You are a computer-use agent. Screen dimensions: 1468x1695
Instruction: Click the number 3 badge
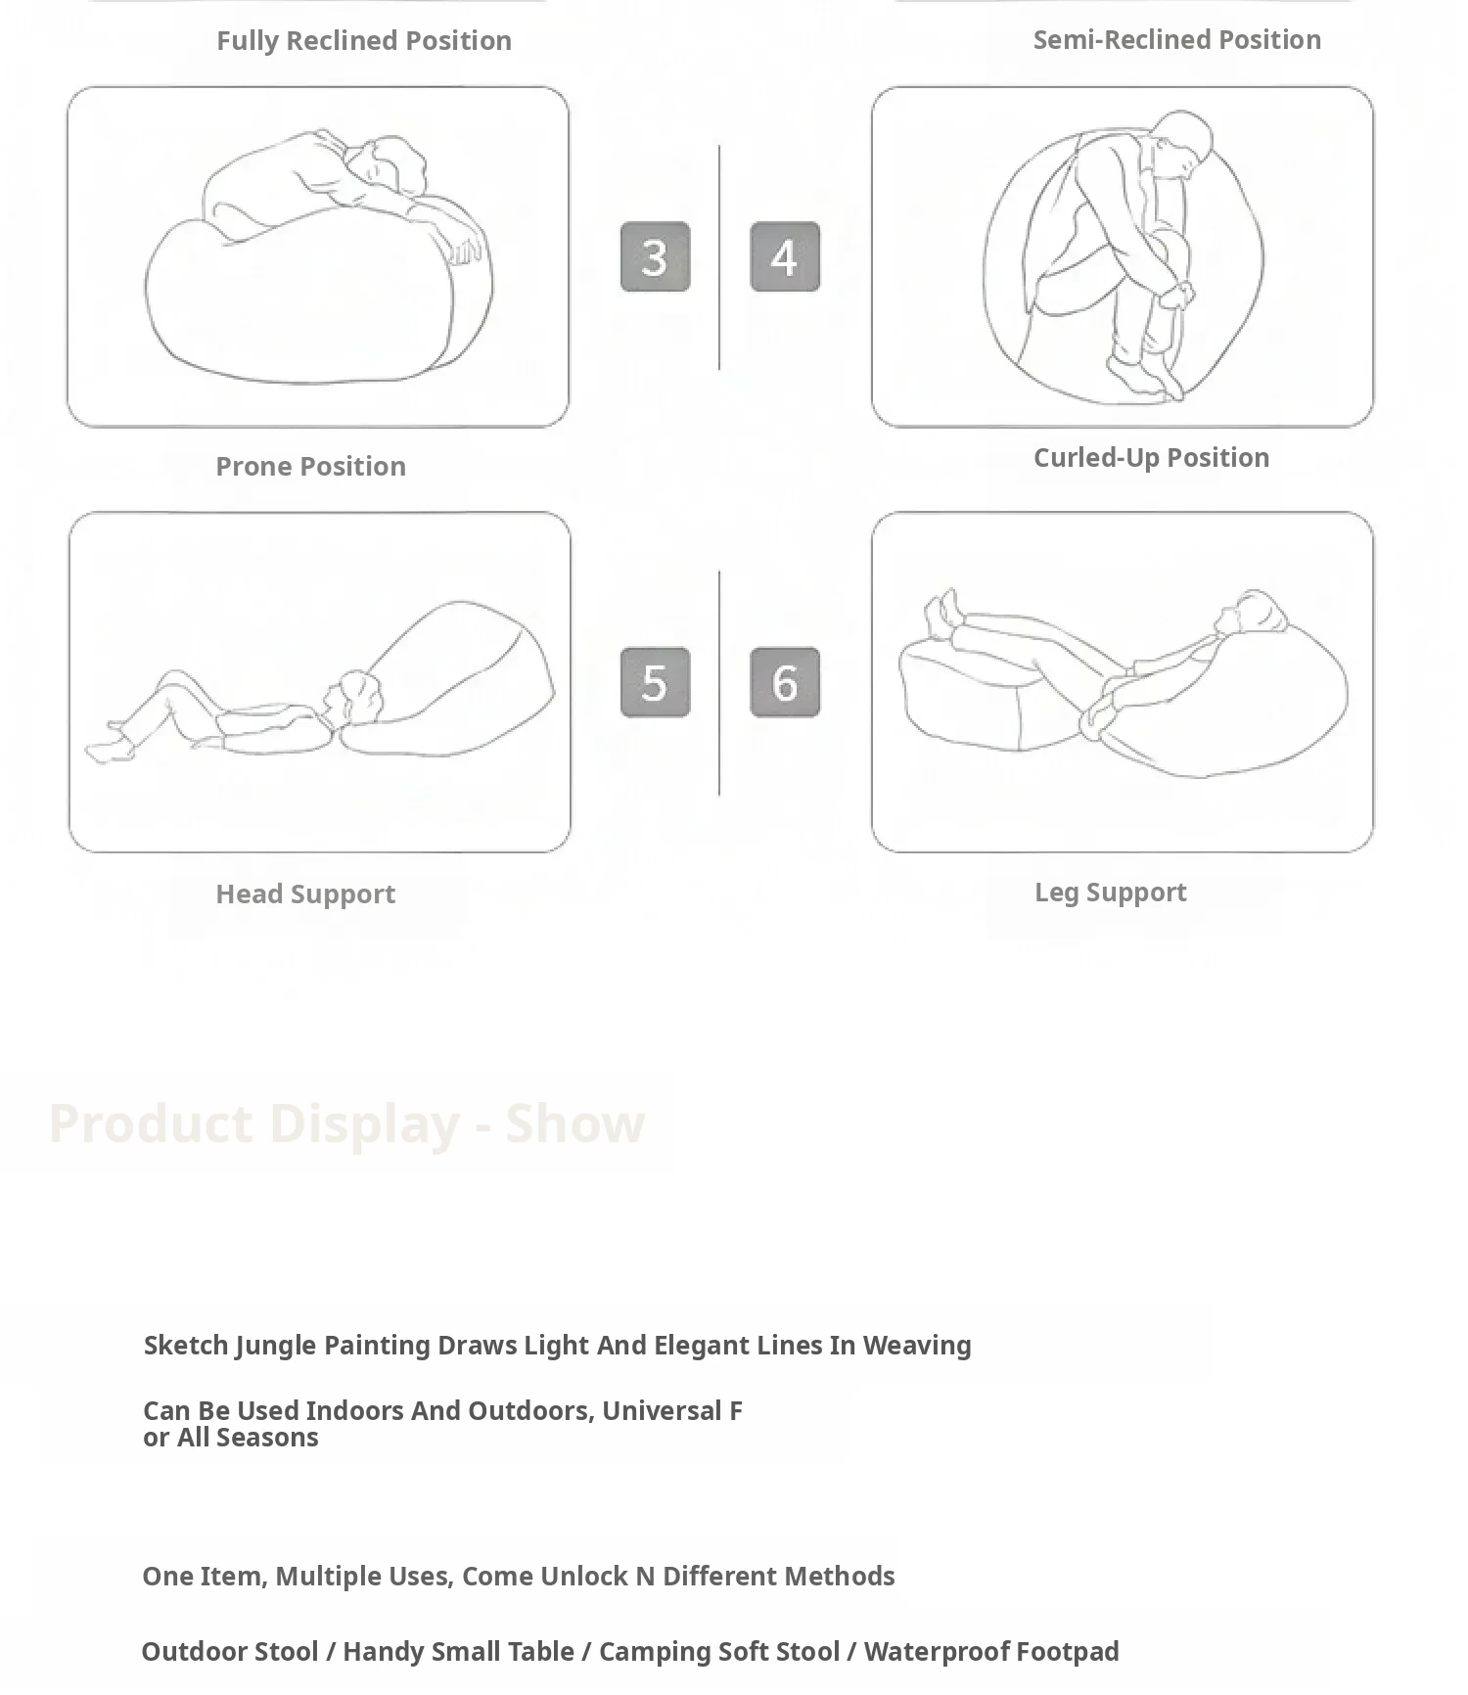(x=655, y=256)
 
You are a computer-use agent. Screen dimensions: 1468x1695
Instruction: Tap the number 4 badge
(x=785, y=256)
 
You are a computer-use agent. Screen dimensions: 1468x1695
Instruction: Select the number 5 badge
(x=655, y=682)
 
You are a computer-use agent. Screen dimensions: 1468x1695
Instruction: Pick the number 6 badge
(x=785, y=682)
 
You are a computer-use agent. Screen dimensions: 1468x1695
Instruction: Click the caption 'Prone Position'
(x=311, y=466)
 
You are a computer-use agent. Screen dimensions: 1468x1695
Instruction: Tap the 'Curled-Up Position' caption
(x=1152, y=457)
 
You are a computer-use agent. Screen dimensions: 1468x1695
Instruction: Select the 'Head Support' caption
(x=305, y=893)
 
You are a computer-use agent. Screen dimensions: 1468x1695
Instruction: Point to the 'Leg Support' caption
(x=1111, y=892)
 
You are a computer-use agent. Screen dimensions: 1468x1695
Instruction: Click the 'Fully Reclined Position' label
(x=364, y=40)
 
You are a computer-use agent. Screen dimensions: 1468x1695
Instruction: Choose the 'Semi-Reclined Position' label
(x=1177, y=39)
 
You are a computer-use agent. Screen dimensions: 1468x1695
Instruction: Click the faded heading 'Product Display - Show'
(x=346, y=1122)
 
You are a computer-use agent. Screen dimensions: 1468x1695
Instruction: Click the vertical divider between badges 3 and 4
(x=719, y=257)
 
